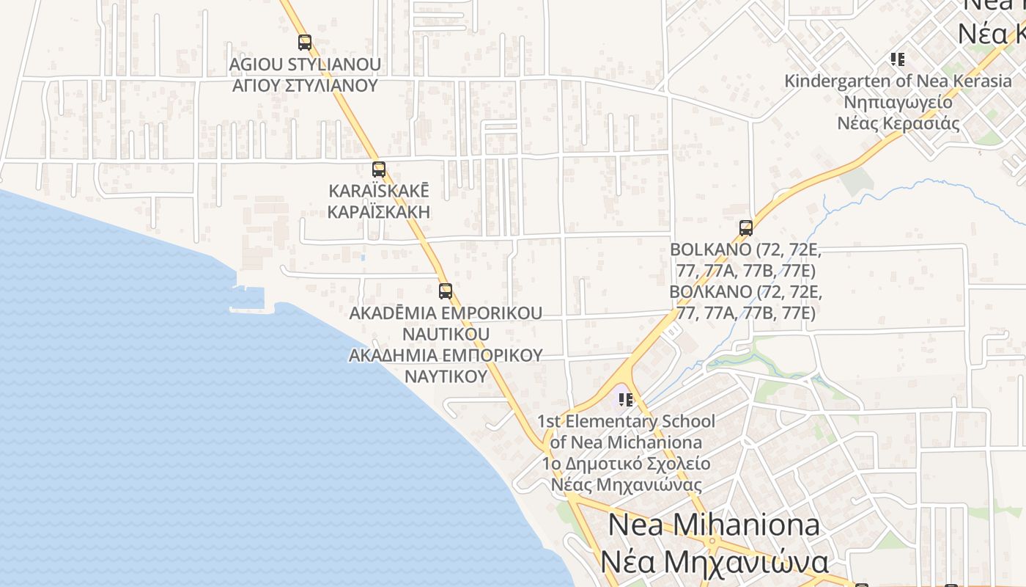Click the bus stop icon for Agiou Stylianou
coord(305,43)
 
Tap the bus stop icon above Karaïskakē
coord(379,169)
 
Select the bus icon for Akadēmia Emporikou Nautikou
coord(446,291)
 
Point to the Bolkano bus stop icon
coord(746,227)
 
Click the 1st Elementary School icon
coord(626,400)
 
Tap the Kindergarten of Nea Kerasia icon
coord(898,59)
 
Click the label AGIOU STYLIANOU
coord(305,65)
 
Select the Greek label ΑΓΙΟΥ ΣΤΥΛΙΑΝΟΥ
coord(305,85)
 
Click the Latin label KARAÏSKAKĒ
coord(379,191)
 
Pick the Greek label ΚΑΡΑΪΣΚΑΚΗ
coord(379,212)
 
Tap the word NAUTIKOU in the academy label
coord(446,334)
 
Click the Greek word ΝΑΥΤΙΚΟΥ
coord(446,376)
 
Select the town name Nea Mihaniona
coord(714,525)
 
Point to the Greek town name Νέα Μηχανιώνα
coord(714,562)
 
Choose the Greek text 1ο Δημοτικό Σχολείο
coord(626,464)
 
